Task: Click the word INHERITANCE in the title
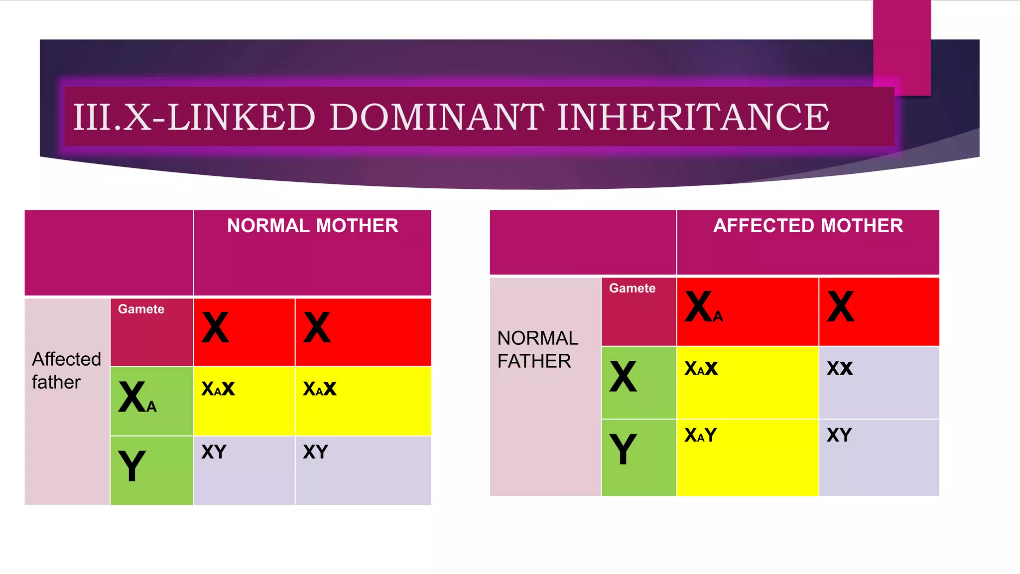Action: (693, 118)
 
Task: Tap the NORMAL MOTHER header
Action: (312, 226)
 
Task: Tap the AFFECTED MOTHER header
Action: (808, 226)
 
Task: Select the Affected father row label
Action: (66, 370)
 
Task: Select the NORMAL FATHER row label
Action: (537, 349)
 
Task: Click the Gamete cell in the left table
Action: (151, 331)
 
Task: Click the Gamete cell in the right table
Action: (638, 311)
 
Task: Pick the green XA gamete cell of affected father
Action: (151, 401)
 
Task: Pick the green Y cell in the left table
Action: (151, 470)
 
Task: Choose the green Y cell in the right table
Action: (638, 457)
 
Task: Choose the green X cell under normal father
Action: (638, 382)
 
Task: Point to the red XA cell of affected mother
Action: (747, 311)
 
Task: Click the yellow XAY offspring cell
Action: (747, 457)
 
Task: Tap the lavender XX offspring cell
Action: (879, 382)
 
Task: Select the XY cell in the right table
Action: (879, 457)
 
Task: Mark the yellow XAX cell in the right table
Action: (747, 382)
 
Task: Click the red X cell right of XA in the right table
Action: (879, 311)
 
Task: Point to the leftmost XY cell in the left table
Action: (244, 470)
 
